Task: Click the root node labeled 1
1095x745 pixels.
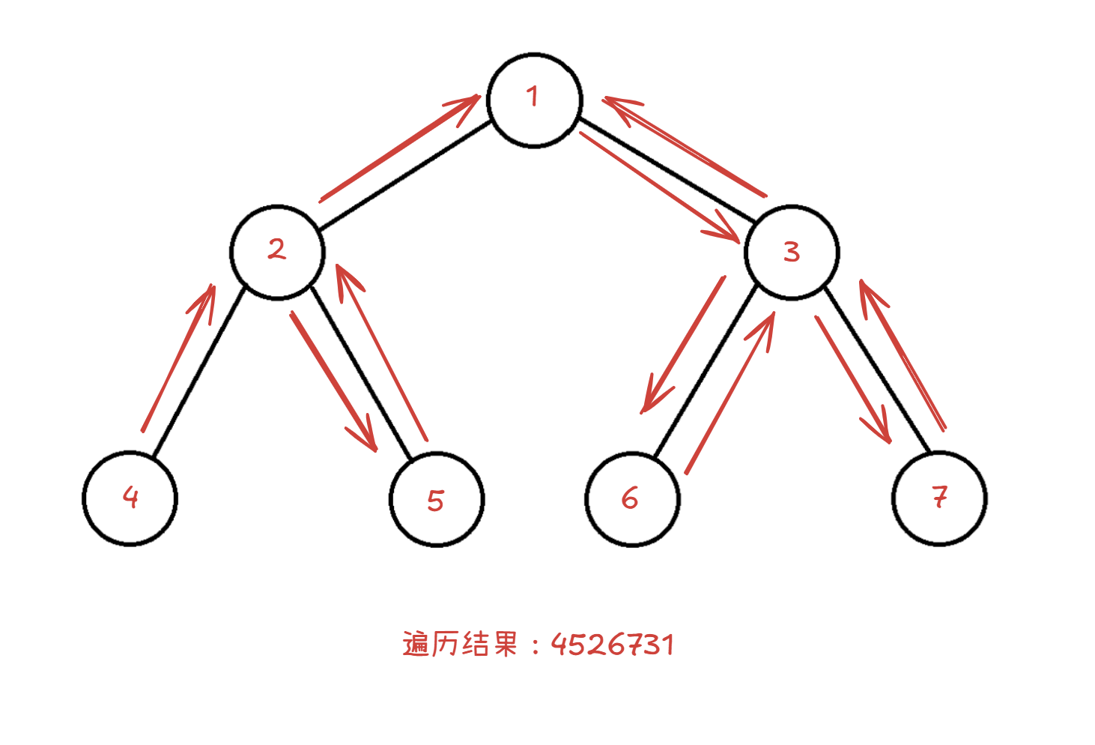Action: (x=534, y=100)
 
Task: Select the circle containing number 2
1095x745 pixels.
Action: (x=277, y=252)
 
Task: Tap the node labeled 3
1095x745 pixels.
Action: (x=792, y=253)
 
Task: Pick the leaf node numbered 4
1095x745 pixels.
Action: (x=130, y=498)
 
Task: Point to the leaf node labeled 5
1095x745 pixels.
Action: (x=437, y=499)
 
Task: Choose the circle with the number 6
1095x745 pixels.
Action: (x=632, y=499)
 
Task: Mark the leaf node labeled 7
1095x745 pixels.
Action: (x=939, y=498)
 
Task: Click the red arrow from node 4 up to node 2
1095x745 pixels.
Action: (x=178, y=360)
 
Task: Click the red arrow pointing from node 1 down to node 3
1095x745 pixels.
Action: (x=659, y=187)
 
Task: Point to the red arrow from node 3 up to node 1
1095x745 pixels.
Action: (x=685, y=147)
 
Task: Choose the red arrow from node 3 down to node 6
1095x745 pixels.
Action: (x=683, y=345)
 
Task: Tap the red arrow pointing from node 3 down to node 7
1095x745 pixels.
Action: (x=852, y=379)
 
